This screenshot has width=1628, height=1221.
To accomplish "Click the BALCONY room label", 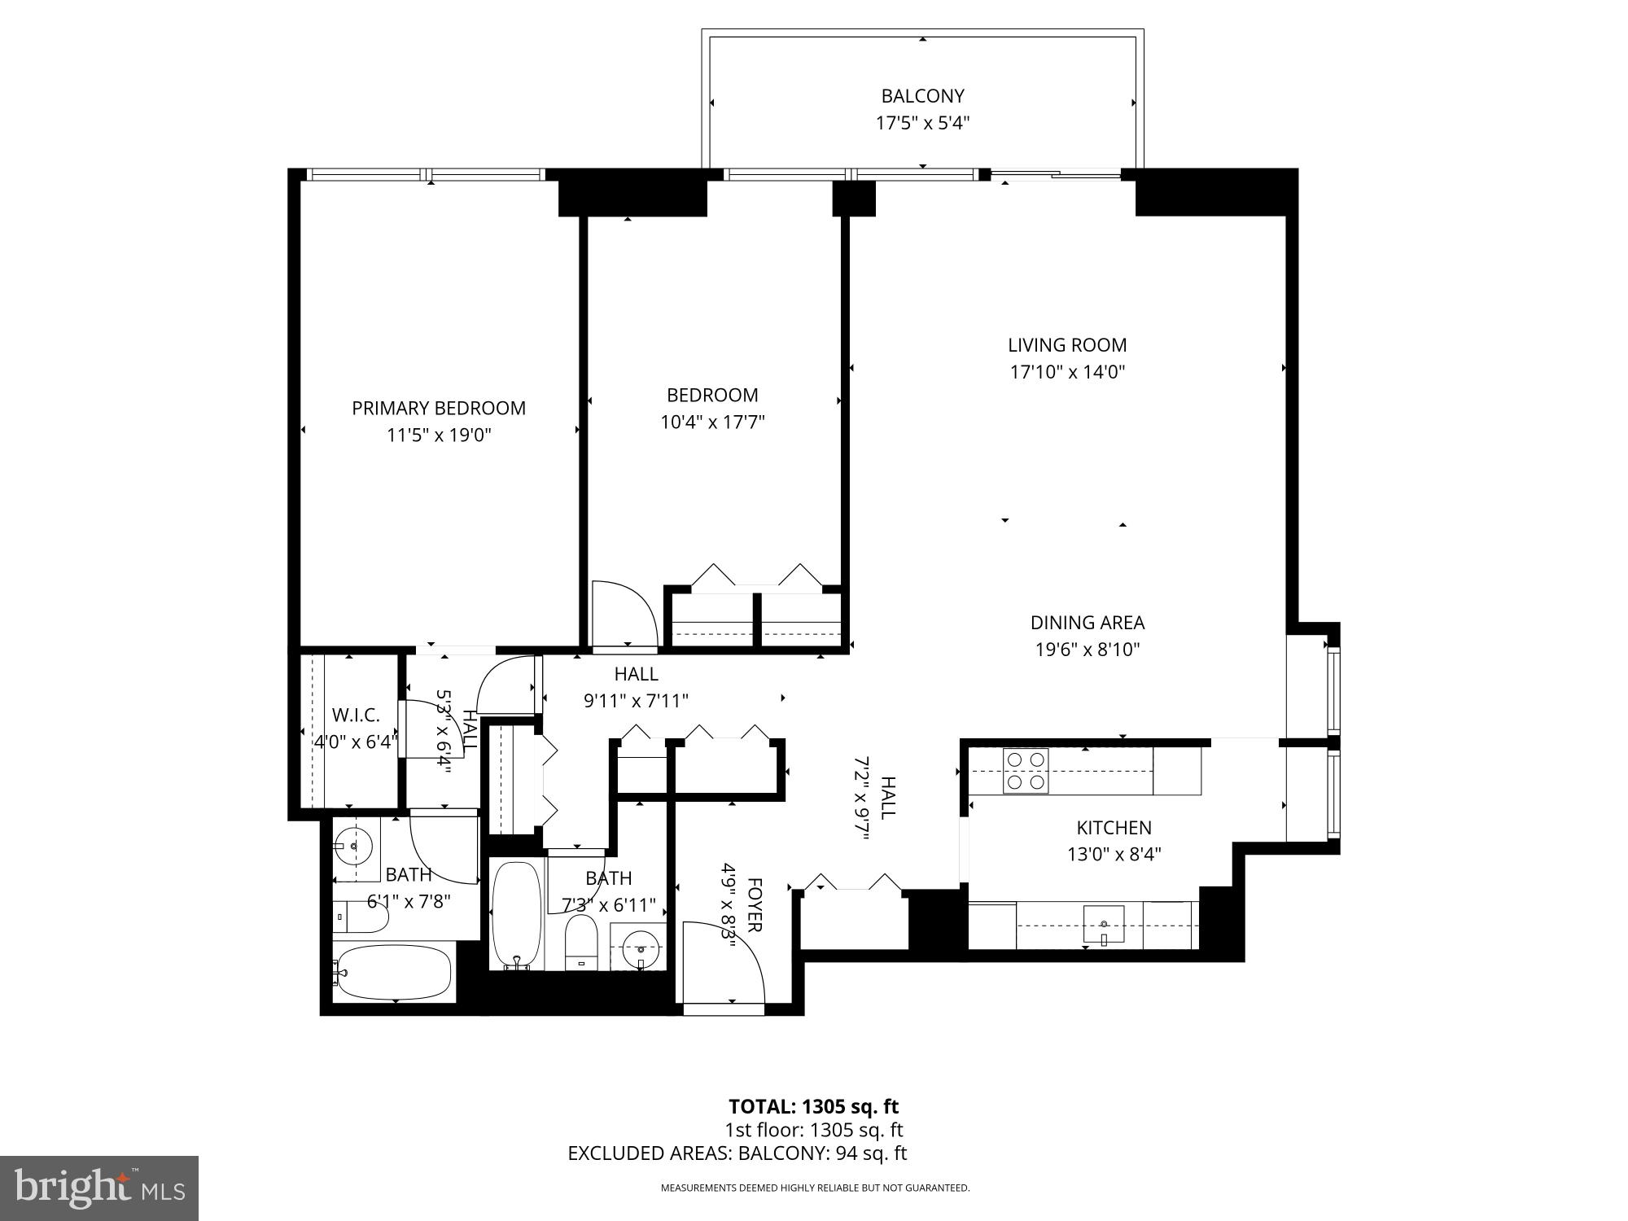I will pyautogui.click(x=922, y=96).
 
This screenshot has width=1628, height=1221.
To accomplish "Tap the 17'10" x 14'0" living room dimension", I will pyautogui.click(x=1067, y=372).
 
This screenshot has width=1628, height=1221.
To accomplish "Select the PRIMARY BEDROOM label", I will pyautogui.click(x=438, y=408).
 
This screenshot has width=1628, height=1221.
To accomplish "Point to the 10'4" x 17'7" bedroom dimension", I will pyautogui.click(x=712, y=422).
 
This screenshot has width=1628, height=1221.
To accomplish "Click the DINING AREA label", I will pyautogui.click(x=1087, y=623).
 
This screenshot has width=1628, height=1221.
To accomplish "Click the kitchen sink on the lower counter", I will pyautogui.click(x=1103, y=925).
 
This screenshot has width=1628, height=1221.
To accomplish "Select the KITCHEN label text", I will pyautogui.click(x=1114, y=828).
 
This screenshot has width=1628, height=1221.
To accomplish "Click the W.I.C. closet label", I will pyautogui.click(x=356, y=716).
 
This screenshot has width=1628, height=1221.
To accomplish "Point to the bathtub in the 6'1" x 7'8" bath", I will pyautogui.click(x=392, y=973).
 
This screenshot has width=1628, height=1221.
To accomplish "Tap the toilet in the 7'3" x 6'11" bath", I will pyautogui.click(x=581, y=943).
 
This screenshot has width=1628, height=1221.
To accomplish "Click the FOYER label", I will pyautogui.click(x=754, y=904).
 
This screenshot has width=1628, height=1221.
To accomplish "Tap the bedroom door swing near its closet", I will pyautogui.click(x=624, y=615).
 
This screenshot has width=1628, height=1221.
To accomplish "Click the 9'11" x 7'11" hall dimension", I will pyautogui.click(x=636, y=700).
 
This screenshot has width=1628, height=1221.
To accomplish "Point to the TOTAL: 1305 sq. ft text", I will pyautogui.click(x=813, y=1107).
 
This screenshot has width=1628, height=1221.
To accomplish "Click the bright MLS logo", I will pyautogui.click(x=99, y=1188).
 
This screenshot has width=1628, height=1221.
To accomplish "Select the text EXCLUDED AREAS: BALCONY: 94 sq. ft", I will pyautogui.click(x=737, y=1153).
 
